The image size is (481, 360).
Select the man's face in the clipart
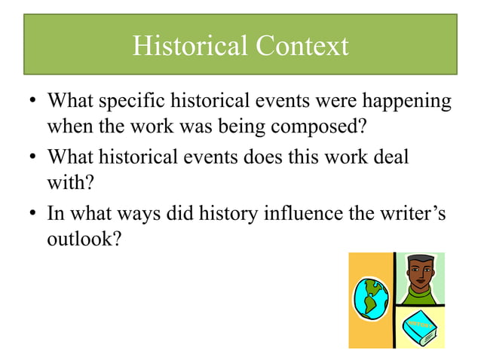click(x=418, y=273)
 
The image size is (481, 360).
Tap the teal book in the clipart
click(x=418, y=327)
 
